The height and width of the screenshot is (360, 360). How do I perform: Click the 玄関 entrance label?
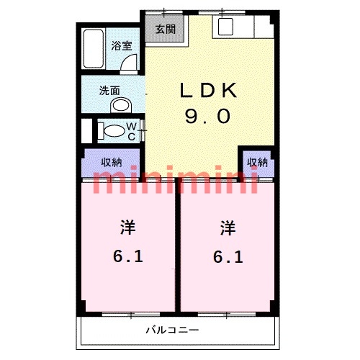(x=165, y=30)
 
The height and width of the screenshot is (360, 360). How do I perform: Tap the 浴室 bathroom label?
(x=120, y=45)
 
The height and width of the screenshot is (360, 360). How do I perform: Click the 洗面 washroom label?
(x=110, y=91)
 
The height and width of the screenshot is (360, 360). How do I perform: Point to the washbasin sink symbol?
(x=121, y=106)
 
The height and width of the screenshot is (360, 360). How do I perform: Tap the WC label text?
(x=132, y=131)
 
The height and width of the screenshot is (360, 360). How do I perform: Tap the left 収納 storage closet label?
(x=111, y=162)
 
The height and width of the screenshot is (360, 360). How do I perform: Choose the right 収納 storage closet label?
(x=257, y=162)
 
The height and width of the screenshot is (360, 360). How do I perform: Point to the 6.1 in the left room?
(x=127, y=256)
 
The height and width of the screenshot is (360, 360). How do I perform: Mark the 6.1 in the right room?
(x=228, y=256)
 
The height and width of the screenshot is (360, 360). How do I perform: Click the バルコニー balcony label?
(x=168, y=330)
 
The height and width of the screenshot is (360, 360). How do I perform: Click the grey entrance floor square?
(x=165, y=30)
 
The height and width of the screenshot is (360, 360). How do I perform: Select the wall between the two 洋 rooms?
(x=178, y=245)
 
